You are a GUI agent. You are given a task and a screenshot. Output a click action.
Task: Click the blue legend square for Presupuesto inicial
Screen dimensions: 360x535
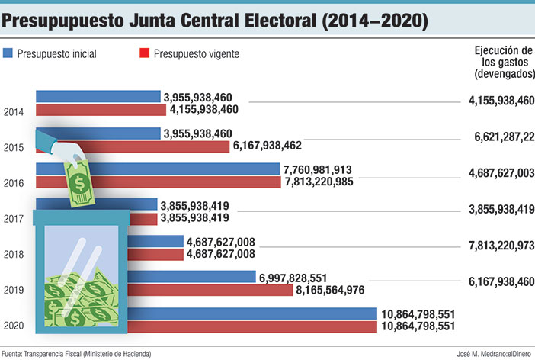point(8,53)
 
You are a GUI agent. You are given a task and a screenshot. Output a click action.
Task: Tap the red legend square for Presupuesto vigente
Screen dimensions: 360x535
point(143,53)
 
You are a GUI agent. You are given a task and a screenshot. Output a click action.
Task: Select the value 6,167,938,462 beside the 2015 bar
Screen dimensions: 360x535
point(271,146)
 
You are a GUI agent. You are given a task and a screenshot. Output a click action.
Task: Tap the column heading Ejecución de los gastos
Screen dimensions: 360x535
point(502,61)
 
